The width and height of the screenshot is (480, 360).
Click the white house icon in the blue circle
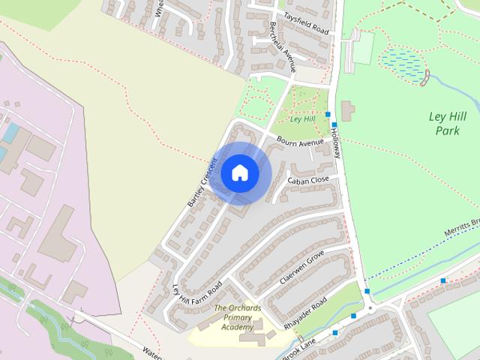click(240, 172)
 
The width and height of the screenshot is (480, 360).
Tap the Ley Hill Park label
click(447, 124)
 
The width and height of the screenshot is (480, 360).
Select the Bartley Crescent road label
click(201, 182)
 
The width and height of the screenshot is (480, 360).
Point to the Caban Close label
click(308, 181)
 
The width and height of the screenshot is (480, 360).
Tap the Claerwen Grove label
click(301, 267)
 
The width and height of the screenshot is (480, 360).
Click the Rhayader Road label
click(306, 314)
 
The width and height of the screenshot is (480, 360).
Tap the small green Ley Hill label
click(301, 118)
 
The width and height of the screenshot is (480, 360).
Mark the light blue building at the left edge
click(10, 133)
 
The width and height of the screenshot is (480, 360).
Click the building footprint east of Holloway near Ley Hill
click(347, 110)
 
